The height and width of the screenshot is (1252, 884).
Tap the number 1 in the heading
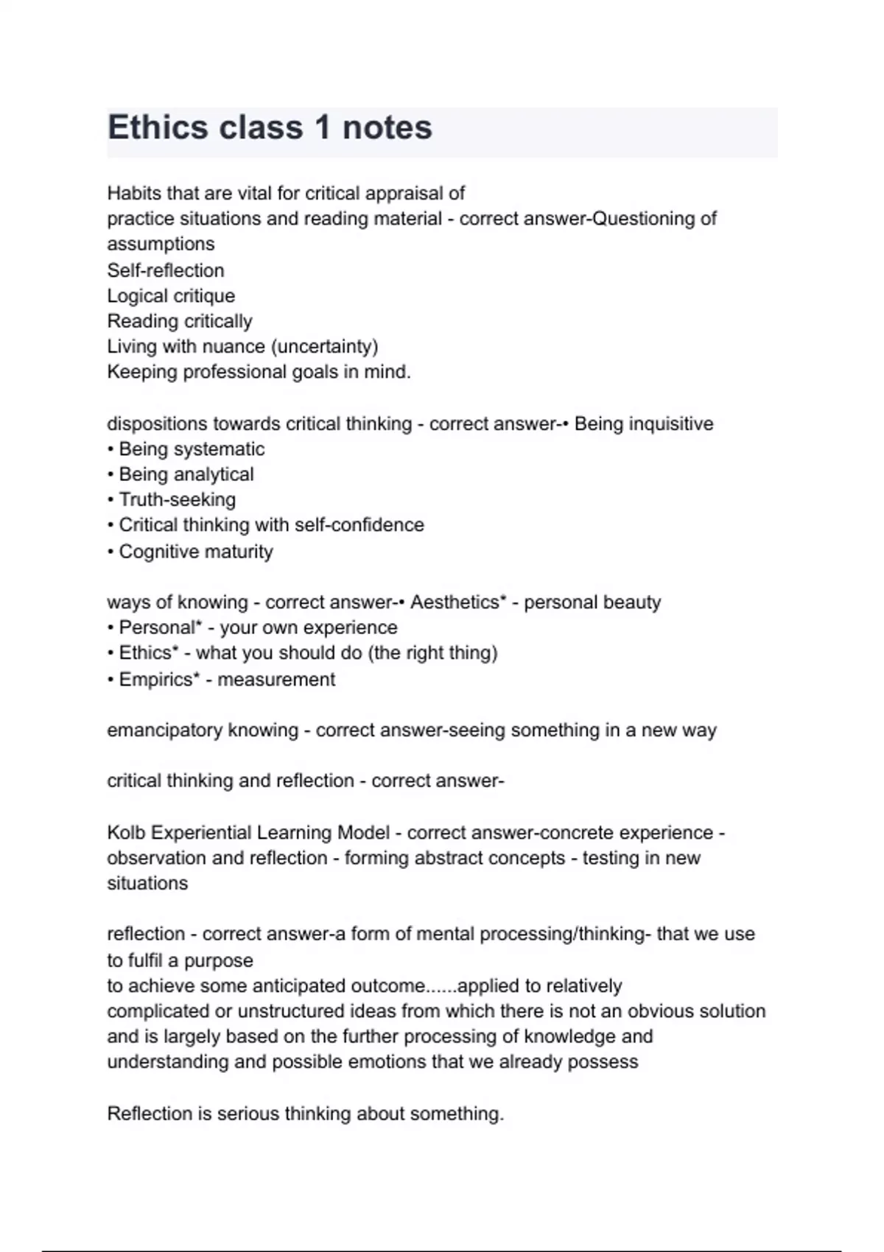pos(323,127)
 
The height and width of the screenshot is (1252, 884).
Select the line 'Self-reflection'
pos(166,270)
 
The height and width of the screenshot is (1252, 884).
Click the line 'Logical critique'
pos(171,296)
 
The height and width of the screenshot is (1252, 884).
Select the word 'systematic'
pos(218,449)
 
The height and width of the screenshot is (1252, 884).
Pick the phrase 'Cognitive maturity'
pos(195,552)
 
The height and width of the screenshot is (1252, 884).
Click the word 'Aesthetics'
pos(455,602)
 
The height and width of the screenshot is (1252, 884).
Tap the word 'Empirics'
pos(156,679)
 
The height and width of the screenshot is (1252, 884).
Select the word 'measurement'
pos(276,679)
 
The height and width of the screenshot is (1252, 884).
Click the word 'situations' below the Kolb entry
pos(147,884)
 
